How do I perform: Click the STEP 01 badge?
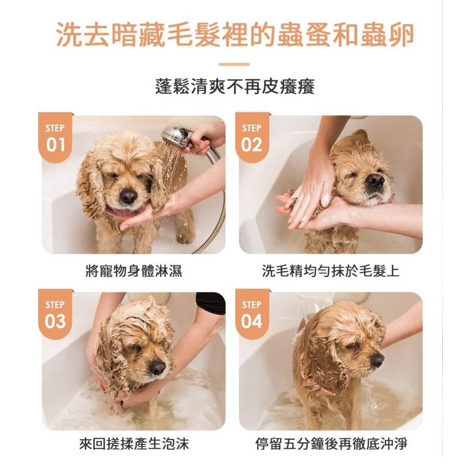[x=55, y=137]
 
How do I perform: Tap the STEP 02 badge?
[x=252, y=137]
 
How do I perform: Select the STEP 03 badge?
[x=55, y=314]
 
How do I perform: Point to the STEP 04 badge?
[x=252, y=314]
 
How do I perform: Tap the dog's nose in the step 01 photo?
[x=129, y=196]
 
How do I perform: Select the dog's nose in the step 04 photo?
[x=377, y=360]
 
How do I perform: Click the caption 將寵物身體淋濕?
[x=133, y=271]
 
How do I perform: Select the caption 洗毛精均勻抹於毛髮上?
[x=331, y=271]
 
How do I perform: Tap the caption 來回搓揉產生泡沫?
[x=134, y=444]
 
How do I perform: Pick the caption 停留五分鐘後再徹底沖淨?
[x=331, y=444]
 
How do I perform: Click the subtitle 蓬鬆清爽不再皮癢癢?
[x=235, y=87]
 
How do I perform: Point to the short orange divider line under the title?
[x=234, y=64]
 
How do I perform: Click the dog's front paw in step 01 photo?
[x=186, y=237]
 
